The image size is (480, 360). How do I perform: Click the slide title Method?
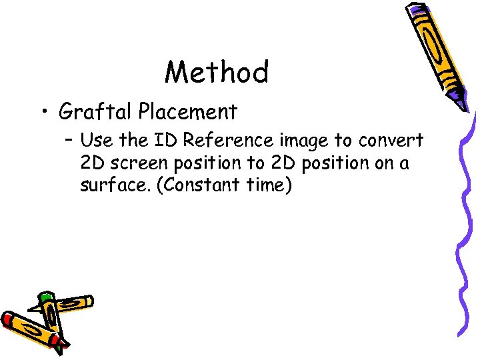(217, 72)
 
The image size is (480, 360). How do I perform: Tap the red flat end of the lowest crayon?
(7, 319)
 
